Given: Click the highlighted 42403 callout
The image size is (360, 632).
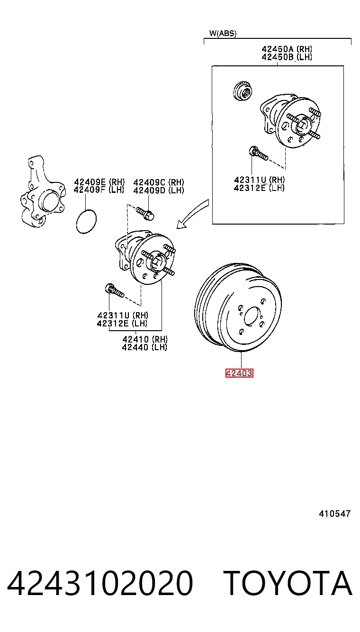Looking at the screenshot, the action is (x=239, y=373).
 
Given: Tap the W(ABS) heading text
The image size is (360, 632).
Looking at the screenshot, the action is (x=223, y=33).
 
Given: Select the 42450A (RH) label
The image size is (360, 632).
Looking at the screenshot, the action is (x=287, y=49).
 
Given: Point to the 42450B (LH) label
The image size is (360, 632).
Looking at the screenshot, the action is (x=287, y=57).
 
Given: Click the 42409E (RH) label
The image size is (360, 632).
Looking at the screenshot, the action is (x=99, y=182).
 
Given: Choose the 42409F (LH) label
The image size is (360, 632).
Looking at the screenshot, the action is (x=99, y=190).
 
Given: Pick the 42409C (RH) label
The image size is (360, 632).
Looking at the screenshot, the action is (x=159, y=182).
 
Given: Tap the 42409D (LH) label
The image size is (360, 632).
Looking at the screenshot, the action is (x=159, y=190).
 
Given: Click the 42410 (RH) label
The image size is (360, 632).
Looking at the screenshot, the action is (x=145, y=339).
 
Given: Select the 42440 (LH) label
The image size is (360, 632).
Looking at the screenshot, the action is (x=145, y=347).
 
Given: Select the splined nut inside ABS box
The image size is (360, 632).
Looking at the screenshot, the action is (x=243, y=90).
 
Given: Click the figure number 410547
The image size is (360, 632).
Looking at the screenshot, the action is (x=334, y=514).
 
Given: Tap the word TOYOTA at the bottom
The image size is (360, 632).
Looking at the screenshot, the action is (x=288, y=583).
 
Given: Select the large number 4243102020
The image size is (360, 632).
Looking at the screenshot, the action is (x=100, y=583).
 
